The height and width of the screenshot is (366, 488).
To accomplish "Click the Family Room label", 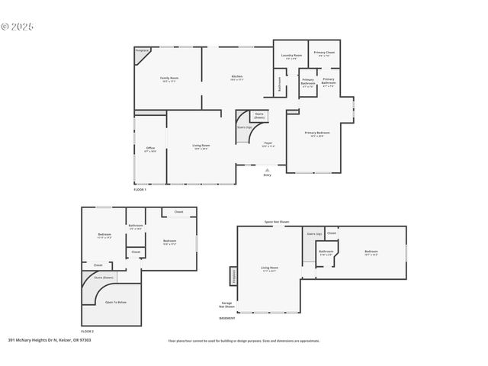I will click(x=169, y=79).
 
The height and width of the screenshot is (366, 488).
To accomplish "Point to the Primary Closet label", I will click(x=324, y=53).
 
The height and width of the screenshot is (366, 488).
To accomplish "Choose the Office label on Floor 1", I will click(x=150, y=149).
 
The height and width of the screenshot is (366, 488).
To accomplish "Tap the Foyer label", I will click(x=268, y=143).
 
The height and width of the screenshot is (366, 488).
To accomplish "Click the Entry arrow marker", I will click(x=267, y=169).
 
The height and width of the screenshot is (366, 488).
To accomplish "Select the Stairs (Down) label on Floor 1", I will click(x=259, y=117).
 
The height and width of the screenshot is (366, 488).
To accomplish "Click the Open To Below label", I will click(x=116, y=302).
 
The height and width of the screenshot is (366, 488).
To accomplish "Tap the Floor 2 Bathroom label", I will click(x=136, y=226).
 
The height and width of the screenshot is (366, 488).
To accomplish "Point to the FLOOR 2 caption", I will click(x=88, y=332).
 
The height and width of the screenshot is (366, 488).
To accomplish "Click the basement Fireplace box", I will click(x=233, y=276).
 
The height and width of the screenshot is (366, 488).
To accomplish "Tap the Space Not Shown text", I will click(x=277, y=222).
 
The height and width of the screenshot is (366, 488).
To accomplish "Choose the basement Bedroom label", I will click(x=371, y=252).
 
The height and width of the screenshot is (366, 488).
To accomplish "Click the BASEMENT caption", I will click(x=227, y=318).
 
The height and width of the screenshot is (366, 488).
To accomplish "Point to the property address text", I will click(x=50, y=340).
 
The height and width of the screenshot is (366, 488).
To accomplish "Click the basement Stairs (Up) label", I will click(x=313, y=233).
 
